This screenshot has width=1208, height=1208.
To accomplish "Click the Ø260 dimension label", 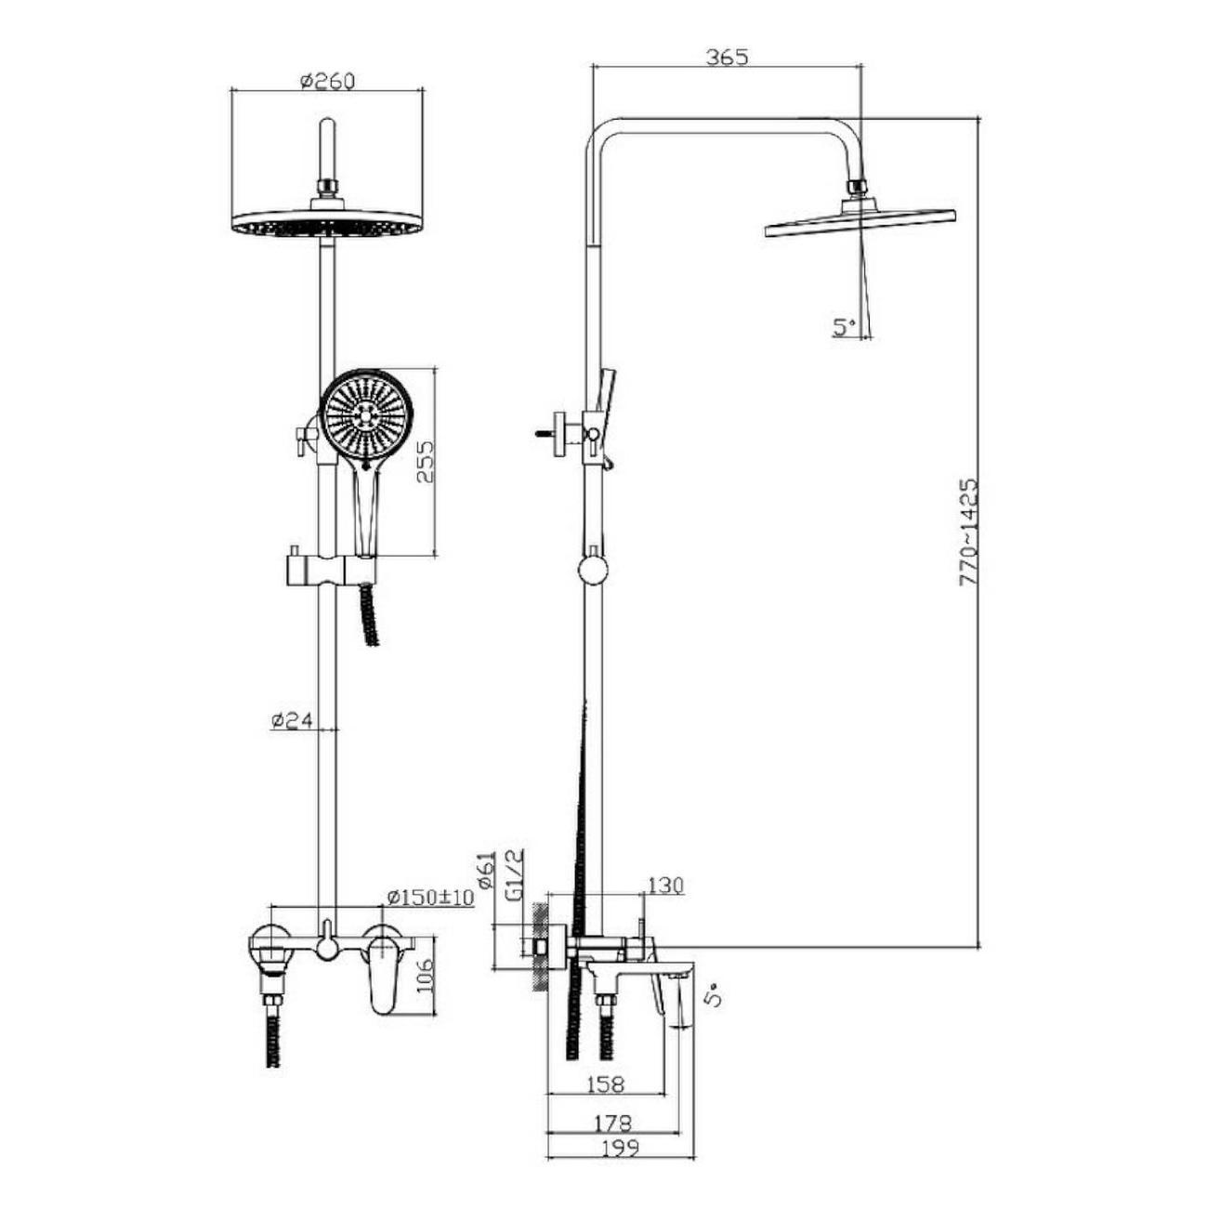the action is tap(327, 82).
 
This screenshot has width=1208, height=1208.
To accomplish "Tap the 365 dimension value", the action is tap(728, 57).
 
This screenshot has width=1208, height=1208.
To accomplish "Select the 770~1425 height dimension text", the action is tap(968, 532).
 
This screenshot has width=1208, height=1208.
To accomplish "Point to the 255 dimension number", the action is tap(425, 461).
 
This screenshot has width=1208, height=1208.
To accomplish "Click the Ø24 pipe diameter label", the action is tap(292, 721).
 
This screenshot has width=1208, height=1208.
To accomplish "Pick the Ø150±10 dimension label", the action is tap(430, 897).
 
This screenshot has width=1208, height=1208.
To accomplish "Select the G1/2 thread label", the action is tap(516, 874).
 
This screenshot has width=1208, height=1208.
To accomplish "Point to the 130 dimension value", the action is tap(664, 886).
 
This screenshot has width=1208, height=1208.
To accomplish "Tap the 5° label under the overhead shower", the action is tap(845, 326).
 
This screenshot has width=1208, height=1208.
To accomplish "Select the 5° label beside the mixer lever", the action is tap(712, 1013).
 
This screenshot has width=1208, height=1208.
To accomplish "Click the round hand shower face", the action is tap(366, 414).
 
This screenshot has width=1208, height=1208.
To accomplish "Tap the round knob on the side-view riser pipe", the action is tap(593, 571).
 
